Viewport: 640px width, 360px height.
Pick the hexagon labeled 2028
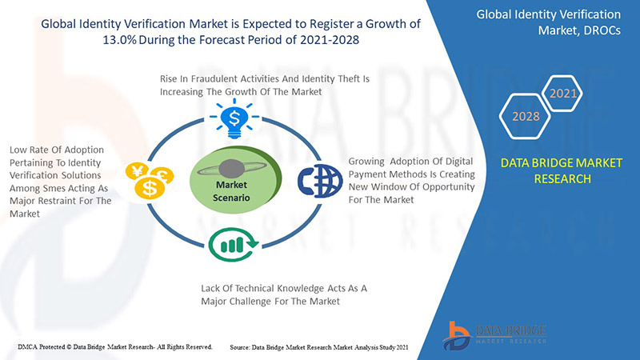tap(526, 117)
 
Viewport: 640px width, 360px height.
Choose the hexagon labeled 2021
tap(562, 94)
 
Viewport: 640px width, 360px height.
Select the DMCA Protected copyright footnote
tap(114, 347)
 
